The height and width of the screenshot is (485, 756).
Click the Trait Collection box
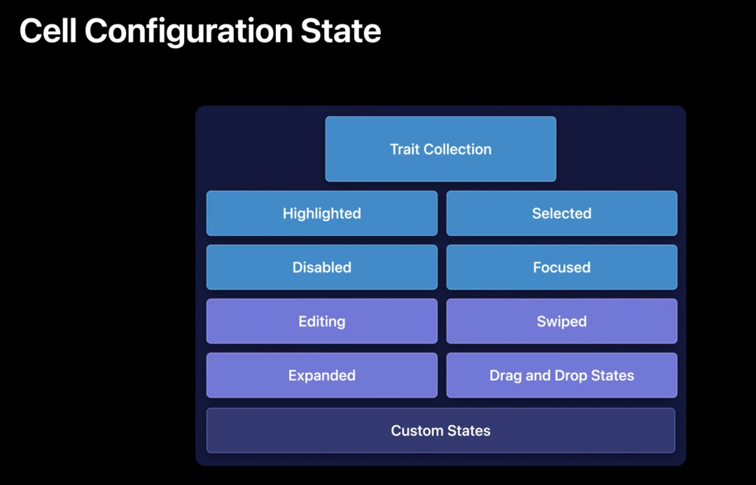tap(441, 149)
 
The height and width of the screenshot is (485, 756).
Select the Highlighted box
tap(322, 213)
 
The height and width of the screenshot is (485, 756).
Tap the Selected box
tap(561, 213)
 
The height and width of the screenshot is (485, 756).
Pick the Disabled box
tap(322, 267)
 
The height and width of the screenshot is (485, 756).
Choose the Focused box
tap(561, 267)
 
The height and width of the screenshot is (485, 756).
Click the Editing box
tap(322, 321)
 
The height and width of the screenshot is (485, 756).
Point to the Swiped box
tap(561, 321)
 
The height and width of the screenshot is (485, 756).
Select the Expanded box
tap(322, 375)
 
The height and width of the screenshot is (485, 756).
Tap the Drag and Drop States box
tap(561, 375)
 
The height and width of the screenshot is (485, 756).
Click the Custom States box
tap(441, 430)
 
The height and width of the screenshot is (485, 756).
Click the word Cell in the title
tap(48, 31)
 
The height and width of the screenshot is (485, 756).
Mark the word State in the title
tap(341, 31)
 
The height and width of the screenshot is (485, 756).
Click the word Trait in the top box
tap(405, 149)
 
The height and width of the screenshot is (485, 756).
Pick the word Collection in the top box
tap(458, 149)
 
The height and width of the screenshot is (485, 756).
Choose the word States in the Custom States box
tap(467, 430)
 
